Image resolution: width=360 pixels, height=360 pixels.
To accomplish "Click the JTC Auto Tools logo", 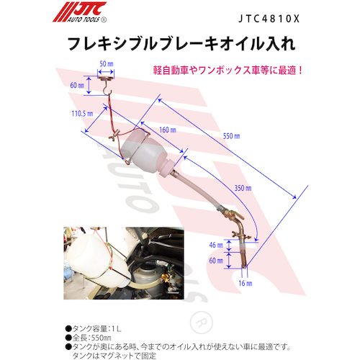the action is tap(80, 12).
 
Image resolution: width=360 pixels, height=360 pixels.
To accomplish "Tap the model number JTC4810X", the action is tap(269, 19).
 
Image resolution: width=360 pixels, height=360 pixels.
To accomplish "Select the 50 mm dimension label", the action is tap(107, 64).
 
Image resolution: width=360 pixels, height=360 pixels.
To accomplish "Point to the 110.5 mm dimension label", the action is tap(82, 113).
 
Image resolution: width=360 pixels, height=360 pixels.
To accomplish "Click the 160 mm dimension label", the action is tap(168, 130).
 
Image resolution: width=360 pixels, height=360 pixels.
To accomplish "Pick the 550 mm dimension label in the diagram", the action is tap(231, 136).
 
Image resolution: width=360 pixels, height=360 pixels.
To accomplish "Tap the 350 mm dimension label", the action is tap(243, 188).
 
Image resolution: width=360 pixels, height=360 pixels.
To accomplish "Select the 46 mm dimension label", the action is tap(216, 245).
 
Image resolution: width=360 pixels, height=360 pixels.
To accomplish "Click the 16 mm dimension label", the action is tap(246, 283).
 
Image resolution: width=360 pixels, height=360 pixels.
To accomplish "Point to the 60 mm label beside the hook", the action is tap(77, 85).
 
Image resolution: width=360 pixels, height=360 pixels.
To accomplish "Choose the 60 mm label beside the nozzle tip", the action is tap(216, 261).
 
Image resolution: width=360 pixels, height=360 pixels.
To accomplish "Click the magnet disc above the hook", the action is tap(106, 77).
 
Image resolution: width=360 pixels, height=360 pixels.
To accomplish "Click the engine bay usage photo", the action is tap(124, 263).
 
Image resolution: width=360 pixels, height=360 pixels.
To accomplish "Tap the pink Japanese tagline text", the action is tap(228, 71).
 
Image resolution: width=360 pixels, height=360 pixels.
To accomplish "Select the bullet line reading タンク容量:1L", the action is tap(94, 328).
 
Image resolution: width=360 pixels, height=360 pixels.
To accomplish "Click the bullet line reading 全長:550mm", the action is tap(89, 338).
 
